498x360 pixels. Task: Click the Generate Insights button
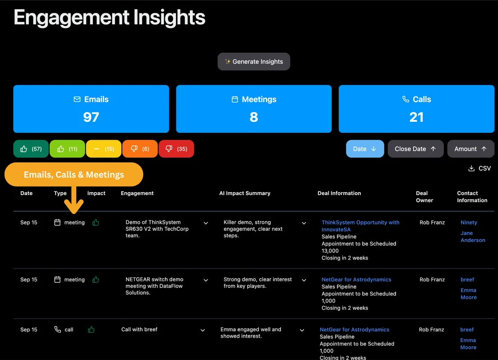pyautogui.click(x=253, y=62)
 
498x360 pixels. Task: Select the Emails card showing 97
pyautogui.click(x=91, y=109)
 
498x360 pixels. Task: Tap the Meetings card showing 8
pyautogui.click(x=254, y=109)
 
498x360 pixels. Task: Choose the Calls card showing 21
pyautogui.click(x=416, y=109)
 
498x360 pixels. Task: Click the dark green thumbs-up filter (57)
pyautogui.click(x=31, y=149)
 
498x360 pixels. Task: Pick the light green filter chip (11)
pyautogui.click(x=67, y=149)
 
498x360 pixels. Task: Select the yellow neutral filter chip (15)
pyautogui.click(x=104, y=149)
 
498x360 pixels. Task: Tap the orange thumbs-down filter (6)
pyautogui.click(x=140, y=149)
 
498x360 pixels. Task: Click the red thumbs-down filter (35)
pyautogui.click(x=176, y=149)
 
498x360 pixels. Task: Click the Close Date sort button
pyautogui.click(x=415, y=149)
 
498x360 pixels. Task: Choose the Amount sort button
pyautogui.click(x=470, y=149)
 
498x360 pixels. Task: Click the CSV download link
pyautogui.click(x=479, y=168)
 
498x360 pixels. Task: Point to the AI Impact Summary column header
pyautogui.click(x=245, y=193)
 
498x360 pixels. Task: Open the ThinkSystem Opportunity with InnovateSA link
pyautogui.click(x=360, y=226)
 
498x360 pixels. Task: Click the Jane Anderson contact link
pyautogui.click(x=472, y=236)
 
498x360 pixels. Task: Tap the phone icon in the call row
pyautogui.click(x=57, y=330)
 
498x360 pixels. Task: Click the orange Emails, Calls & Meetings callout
pyautogui.click(x=74, y=175)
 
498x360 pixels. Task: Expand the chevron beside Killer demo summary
pyautogui.click(x=304, y=223)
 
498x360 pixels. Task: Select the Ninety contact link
pyautogui.click(x=469, y=223)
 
